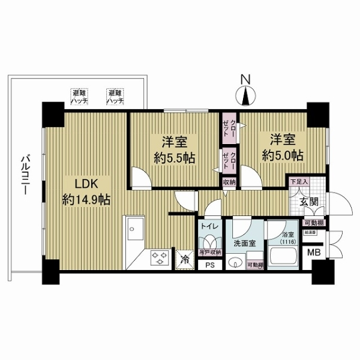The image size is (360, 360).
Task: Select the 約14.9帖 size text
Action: point(86,199)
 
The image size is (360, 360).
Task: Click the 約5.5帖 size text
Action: point(173,158)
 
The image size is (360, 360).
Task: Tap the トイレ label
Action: point(209,227)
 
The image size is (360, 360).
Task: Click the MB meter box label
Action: point(314,253)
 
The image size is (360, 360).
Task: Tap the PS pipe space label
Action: point(209,264)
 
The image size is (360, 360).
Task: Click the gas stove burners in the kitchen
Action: point(160,259)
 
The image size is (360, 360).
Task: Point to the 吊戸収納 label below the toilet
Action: point(211,253)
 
